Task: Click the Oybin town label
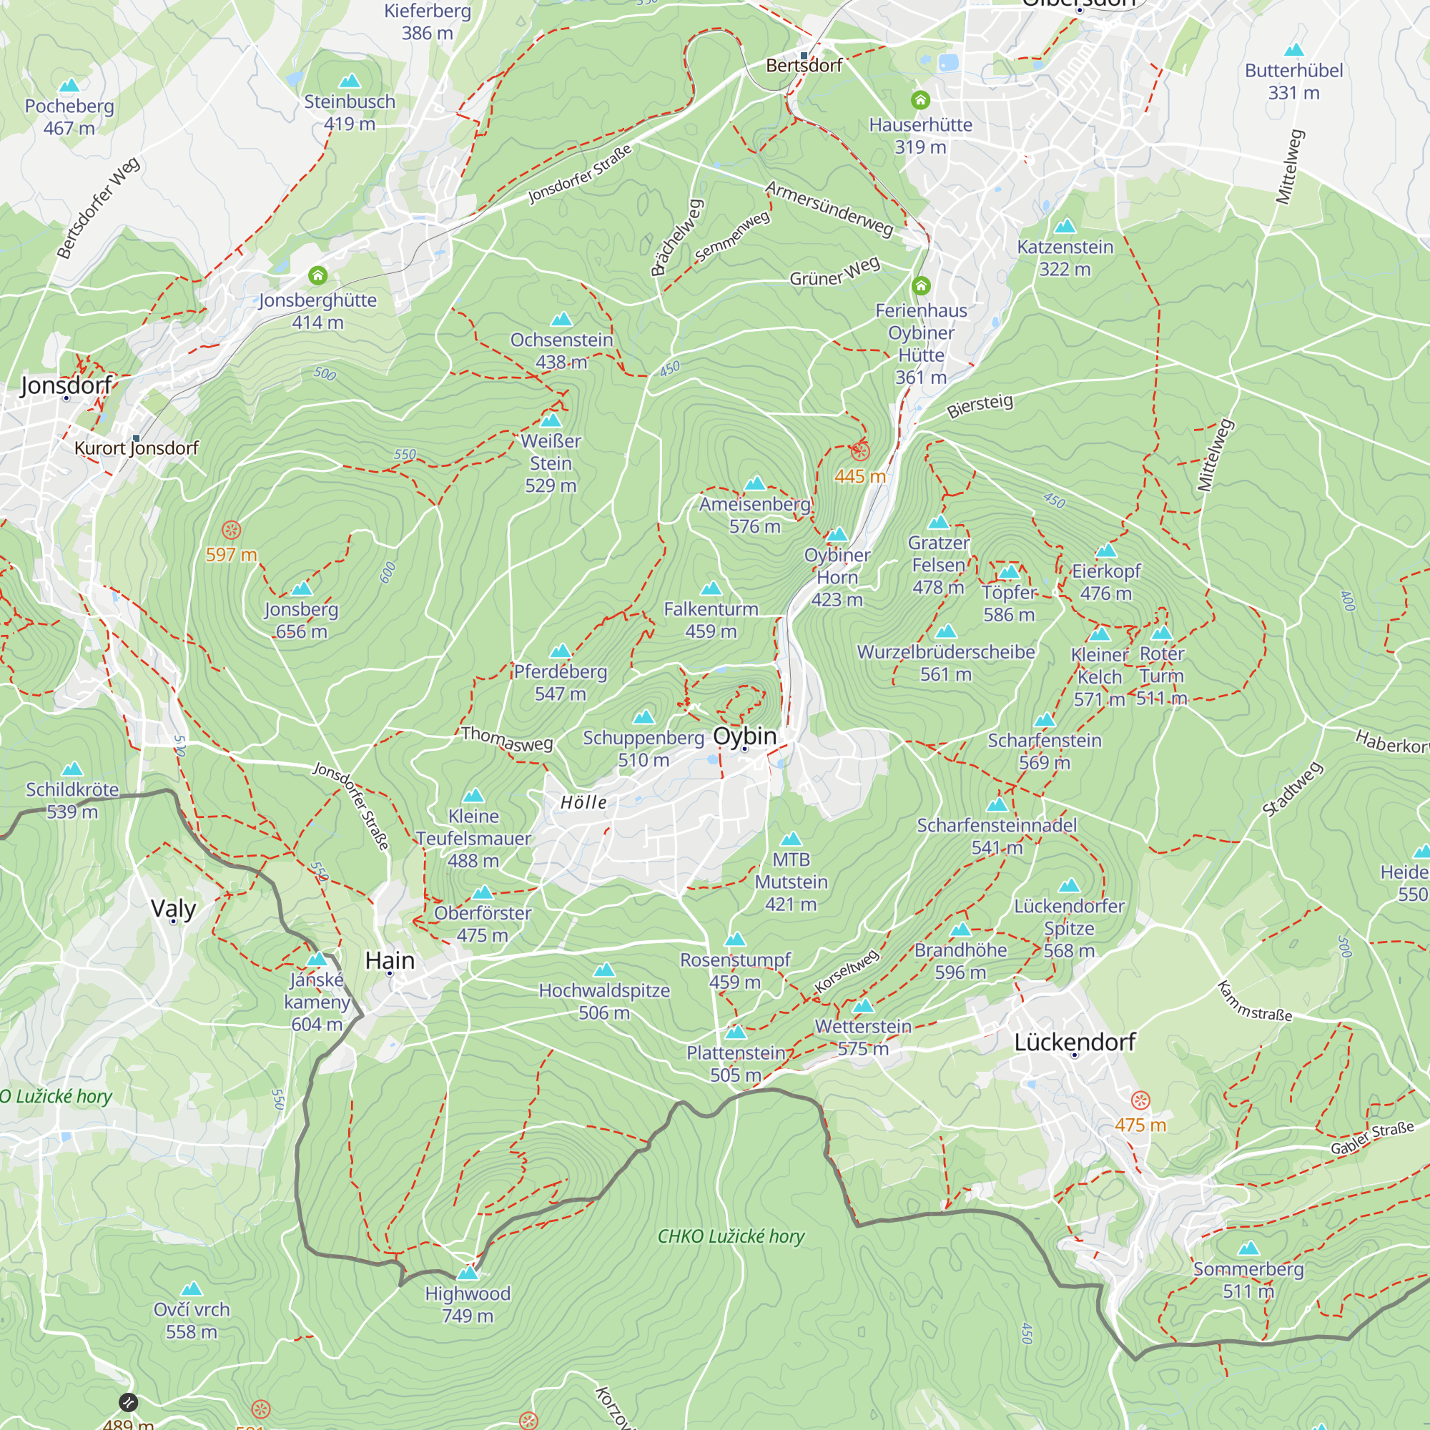744,736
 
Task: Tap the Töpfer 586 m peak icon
1010,572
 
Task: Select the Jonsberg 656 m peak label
301,620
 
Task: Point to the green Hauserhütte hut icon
920,99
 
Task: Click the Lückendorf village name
1075,1042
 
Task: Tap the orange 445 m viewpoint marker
859,451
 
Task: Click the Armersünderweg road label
829,209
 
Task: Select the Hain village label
390,961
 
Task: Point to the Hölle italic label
583,802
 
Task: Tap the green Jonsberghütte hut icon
317,276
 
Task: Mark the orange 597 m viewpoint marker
232,530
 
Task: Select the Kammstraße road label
1255,1002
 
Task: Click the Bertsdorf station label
804,66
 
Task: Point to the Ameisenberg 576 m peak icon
755,484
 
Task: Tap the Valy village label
173,909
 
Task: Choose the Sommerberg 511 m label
1248,1280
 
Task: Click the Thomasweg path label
507,739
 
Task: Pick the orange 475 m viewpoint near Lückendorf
1140,1100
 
